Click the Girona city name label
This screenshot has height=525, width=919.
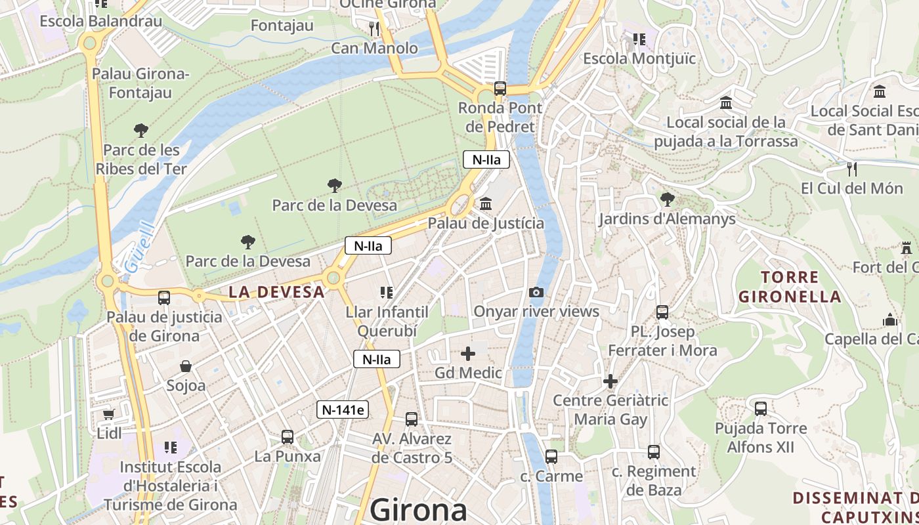coord(419,510)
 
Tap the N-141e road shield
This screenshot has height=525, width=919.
coord(343,410)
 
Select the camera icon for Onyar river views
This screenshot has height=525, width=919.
coord(536,292)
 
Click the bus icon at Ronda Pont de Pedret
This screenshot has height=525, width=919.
coord(500,89)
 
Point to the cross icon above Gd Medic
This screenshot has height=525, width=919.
coord(468,354)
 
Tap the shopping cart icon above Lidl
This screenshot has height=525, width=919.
coord(109,414)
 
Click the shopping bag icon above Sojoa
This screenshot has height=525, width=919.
coord(186,366)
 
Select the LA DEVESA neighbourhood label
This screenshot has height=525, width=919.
coord(276,292)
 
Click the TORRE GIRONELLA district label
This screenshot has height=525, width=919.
coord(790,287)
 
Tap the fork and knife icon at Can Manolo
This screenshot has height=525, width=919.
coord(374,28)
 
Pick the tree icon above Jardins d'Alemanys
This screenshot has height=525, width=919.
coord(667,199)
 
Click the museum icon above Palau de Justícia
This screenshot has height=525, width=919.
coord(486,204)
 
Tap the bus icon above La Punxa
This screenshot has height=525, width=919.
coord(288,436)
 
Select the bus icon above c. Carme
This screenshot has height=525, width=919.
coord(551,457)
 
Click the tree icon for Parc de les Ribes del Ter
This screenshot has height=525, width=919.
coord(140,130)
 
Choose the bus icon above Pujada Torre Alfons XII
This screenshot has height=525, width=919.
coord(761,409)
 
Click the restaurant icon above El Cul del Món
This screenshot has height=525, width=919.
coord(852,169)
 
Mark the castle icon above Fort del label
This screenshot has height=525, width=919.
coord(907,248)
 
